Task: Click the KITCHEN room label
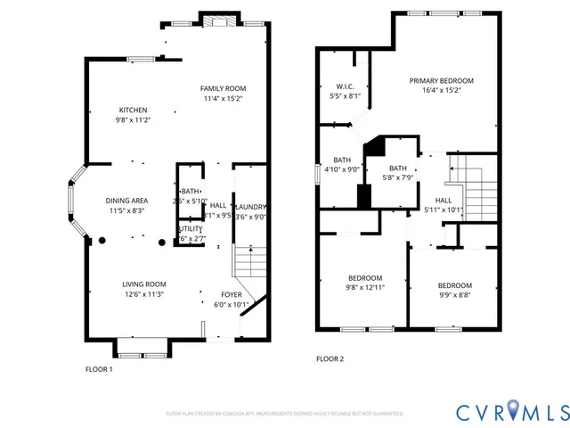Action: pos(132,110)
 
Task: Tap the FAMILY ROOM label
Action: pos(223,88)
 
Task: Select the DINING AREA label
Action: pos(127,201)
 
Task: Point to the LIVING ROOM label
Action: pos(144,284)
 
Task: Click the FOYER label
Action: pos(232,293)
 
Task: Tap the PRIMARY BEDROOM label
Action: pos(441,80)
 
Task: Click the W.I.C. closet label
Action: pos(344,86)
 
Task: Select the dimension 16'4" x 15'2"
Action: pos(441,90)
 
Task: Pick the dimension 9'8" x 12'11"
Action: pos(365,288)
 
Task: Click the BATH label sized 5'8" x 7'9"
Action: pos(397,168)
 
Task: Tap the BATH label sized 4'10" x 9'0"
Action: pos(342,160)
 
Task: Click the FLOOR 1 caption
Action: pos(99,368)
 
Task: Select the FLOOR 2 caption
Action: pos(330,359)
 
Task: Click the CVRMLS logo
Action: pos(511,411)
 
